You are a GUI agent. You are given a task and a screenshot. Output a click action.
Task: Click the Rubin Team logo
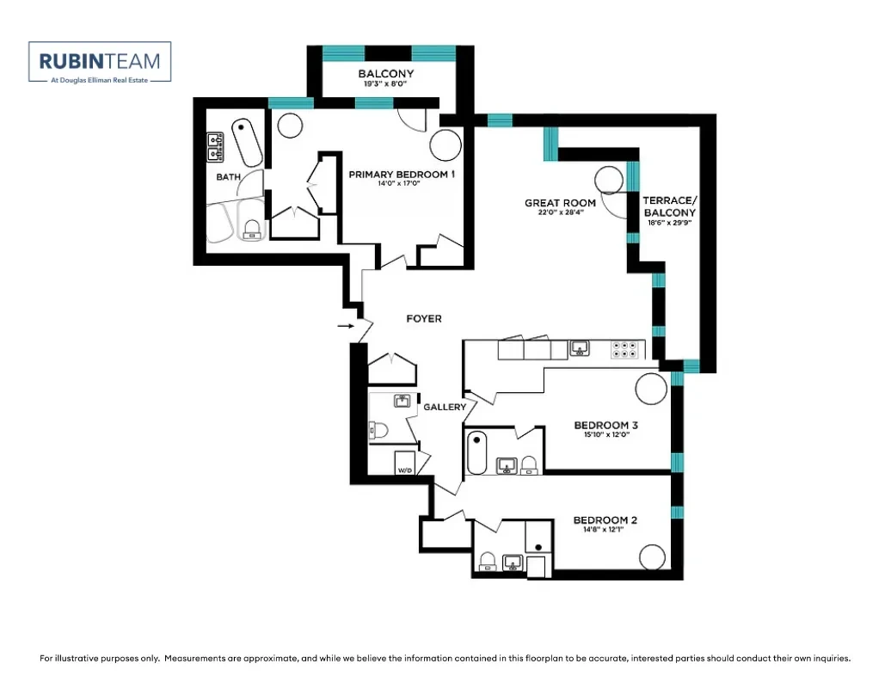pos(100,63)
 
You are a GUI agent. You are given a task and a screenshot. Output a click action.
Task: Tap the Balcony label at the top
pos(386,73)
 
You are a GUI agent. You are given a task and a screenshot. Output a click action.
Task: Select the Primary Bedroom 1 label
pos(402,175)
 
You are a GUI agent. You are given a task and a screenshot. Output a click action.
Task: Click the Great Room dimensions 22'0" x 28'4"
pos(560,212)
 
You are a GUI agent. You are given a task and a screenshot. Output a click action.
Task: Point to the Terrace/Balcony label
pos(669,206)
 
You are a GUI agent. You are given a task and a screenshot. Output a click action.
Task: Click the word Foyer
pos(424,319)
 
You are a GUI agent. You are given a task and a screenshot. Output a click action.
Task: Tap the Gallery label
pos(445,407)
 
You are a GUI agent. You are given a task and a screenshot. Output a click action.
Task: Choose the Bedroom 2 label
pos(605,519)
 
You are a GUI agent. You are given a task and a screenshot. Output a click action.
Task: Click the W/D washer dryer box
pos(404,463)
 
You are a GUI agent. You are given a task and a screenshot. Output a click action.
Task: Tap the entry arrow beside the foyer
pos(346,326)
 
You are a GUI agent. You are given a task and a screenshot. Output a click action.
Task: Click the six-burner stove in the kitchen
pos(624,349)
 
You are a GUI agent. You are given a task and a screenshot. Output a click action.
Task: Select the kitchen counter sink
pos(579,347)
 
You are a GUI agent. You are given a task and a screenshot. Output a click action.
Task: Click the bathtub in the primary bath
pos(247,143)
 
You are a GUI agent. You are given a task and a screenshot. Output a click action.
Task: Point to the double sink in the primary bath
pos(215,147)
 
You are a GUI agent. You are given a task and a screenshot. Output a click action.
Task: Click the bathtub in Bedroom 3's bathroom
pos(476,452)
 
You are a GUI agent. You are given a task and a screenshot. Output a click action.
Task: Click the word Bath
pos(229,176)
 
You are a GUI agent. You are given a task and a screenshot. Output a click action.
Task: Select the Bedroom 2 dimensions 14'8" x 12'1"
pos(604,530)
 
